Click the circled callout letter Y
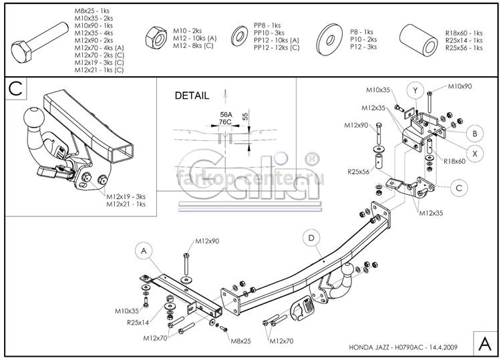point(415,91)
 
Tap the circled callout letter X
point(474,154)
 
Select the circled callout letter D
point(311,238)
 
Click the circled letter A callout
point(144,251)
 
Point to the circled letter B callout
point(474,133)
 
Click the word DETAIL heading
point(192,96)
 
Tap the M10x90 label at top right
point(460,86)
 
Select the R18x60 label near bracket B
point(454,162)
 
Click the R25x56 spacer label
point(358,172)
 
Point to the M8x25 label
point(241,341)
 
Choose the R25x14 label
point(138,323)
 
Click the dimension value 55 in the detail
point(245,116)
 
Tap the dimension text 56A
point(226,115)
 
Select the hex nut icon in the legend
point(156,37)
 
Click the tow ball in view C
point(34,118)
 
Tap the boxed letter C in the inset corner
point(15,88)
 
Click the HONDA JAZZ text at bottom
point(368,347)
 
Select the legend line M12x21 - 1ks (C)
point(99,70)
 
